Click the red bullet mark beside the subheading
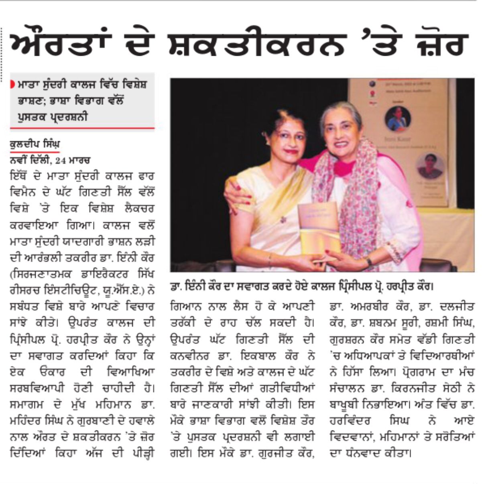(x=13, y=85)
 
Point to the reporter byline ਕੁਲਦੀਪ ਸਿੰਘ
(x=35, y=144)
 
